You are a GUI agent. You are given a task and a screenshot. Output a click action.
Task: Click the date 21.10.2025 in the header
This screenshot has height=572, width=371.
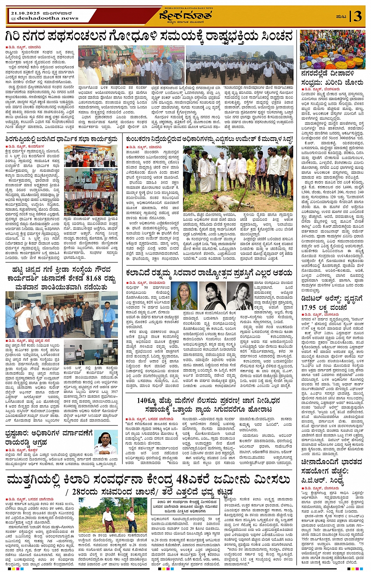click(24, 13)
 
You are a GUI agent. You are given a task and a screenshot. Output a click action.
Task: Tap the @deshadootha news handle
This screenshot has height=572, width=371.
click(44, 18)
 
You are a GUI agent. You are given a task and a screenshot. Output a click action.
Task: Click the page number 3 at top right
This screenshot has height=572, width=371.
click(358, 16)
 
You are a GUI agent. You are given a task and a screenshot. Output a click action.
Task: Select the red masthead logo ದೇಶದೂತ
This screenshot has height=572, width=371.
click(186, 16)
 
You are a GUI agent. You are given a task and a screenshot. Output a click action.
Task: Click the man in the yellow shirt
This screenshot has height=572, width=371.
click(251, 169)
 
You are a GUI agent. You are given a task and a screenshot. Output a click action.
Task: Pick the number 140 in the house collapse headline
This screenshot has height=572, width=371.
click(144, 400)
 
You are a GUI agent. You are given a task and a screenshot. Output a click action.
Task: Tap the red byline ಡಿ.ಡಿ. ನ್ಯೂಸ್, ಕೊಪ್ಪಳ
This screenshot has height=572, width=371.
click(22, 450)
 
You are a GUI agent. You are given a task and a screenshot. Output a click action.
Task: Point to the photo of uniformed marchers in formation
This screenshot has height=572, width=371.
click(239, 65)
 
